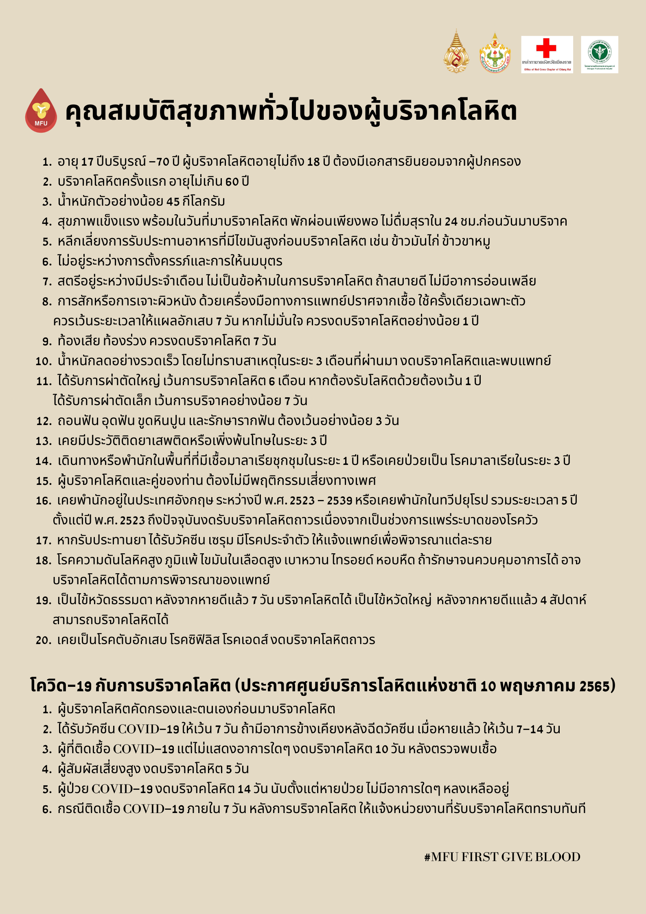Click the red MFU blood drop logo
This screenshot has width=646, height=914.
[41, 111]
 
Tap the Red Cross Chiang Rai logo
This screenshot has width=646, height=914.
[547, 55]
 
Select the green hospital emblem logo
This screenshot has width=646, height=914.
[599, 55]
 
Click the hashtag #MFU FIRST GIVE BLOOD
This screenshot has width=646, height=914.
[502, 857]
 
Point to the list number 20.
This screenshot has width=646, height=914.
[43, 640]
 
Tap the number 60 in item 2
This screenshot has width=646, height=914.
[232, 182]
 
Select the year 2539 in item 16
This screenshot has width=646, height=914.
[339, 501]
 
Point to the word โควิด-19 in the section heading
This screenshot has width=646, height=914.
[61, 686]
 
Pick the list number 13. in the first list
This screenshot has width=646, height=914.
[44, 441]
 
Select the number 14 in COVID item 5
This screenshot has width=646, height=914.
[244, 789]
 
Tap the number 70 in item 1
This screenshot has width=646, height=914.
[162, 162]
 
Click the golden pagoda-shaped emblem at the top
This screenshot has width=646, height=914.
[456, 52]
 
